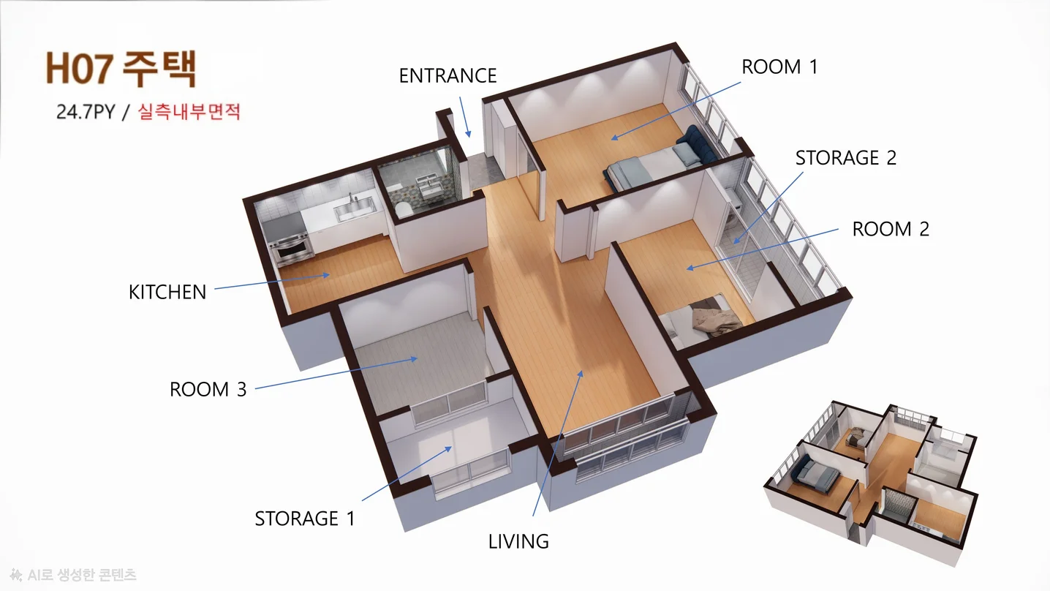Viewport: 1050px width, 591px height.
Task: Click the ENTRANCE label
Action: (x=447, y=76)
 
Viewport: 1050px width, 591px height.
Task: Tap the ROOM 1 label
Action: (x=779, y=67)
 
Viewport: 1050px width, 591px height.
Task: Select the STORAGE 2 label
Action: (x=845, y=158)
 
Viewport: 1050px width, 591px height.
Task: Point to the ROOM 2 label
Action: (x=890, y=230)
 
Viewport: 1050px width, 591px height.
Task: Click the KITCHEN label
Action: (x=167, y=293)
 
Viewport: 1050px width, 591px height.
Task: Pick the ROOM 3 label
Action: (x=208, y=390)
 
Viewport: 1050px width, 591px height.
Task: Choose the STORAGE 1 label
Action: (x=305, y=519)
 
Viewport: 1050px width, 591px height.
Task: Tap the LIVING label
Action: (x=518, y=542)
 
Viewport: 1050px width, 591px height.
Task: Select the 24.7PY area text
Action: (x=86, y=112)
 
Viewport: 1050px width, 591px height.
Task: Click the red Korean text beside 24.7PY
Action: (x=189, y=112)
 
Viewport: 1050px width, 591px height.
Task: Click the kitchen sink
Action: (x=354, y=209)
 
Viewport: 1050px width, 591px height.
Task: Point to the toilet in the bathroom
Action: (x=403, y=209)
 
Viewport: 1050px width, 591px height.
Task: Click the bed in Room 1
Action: (x=657, y=163)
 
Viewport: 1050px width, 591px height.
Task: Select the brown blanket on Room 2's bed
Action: (x=716, y=319)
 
